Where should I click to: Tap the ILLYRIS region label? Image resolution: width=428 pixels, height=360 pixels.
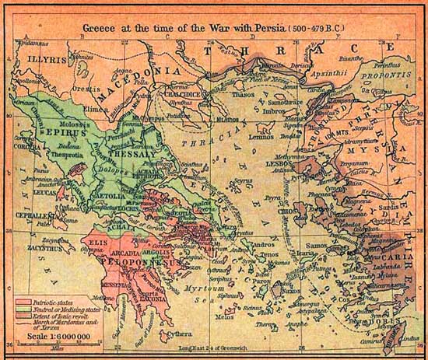pyautogui.click(x=37, y=56)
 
